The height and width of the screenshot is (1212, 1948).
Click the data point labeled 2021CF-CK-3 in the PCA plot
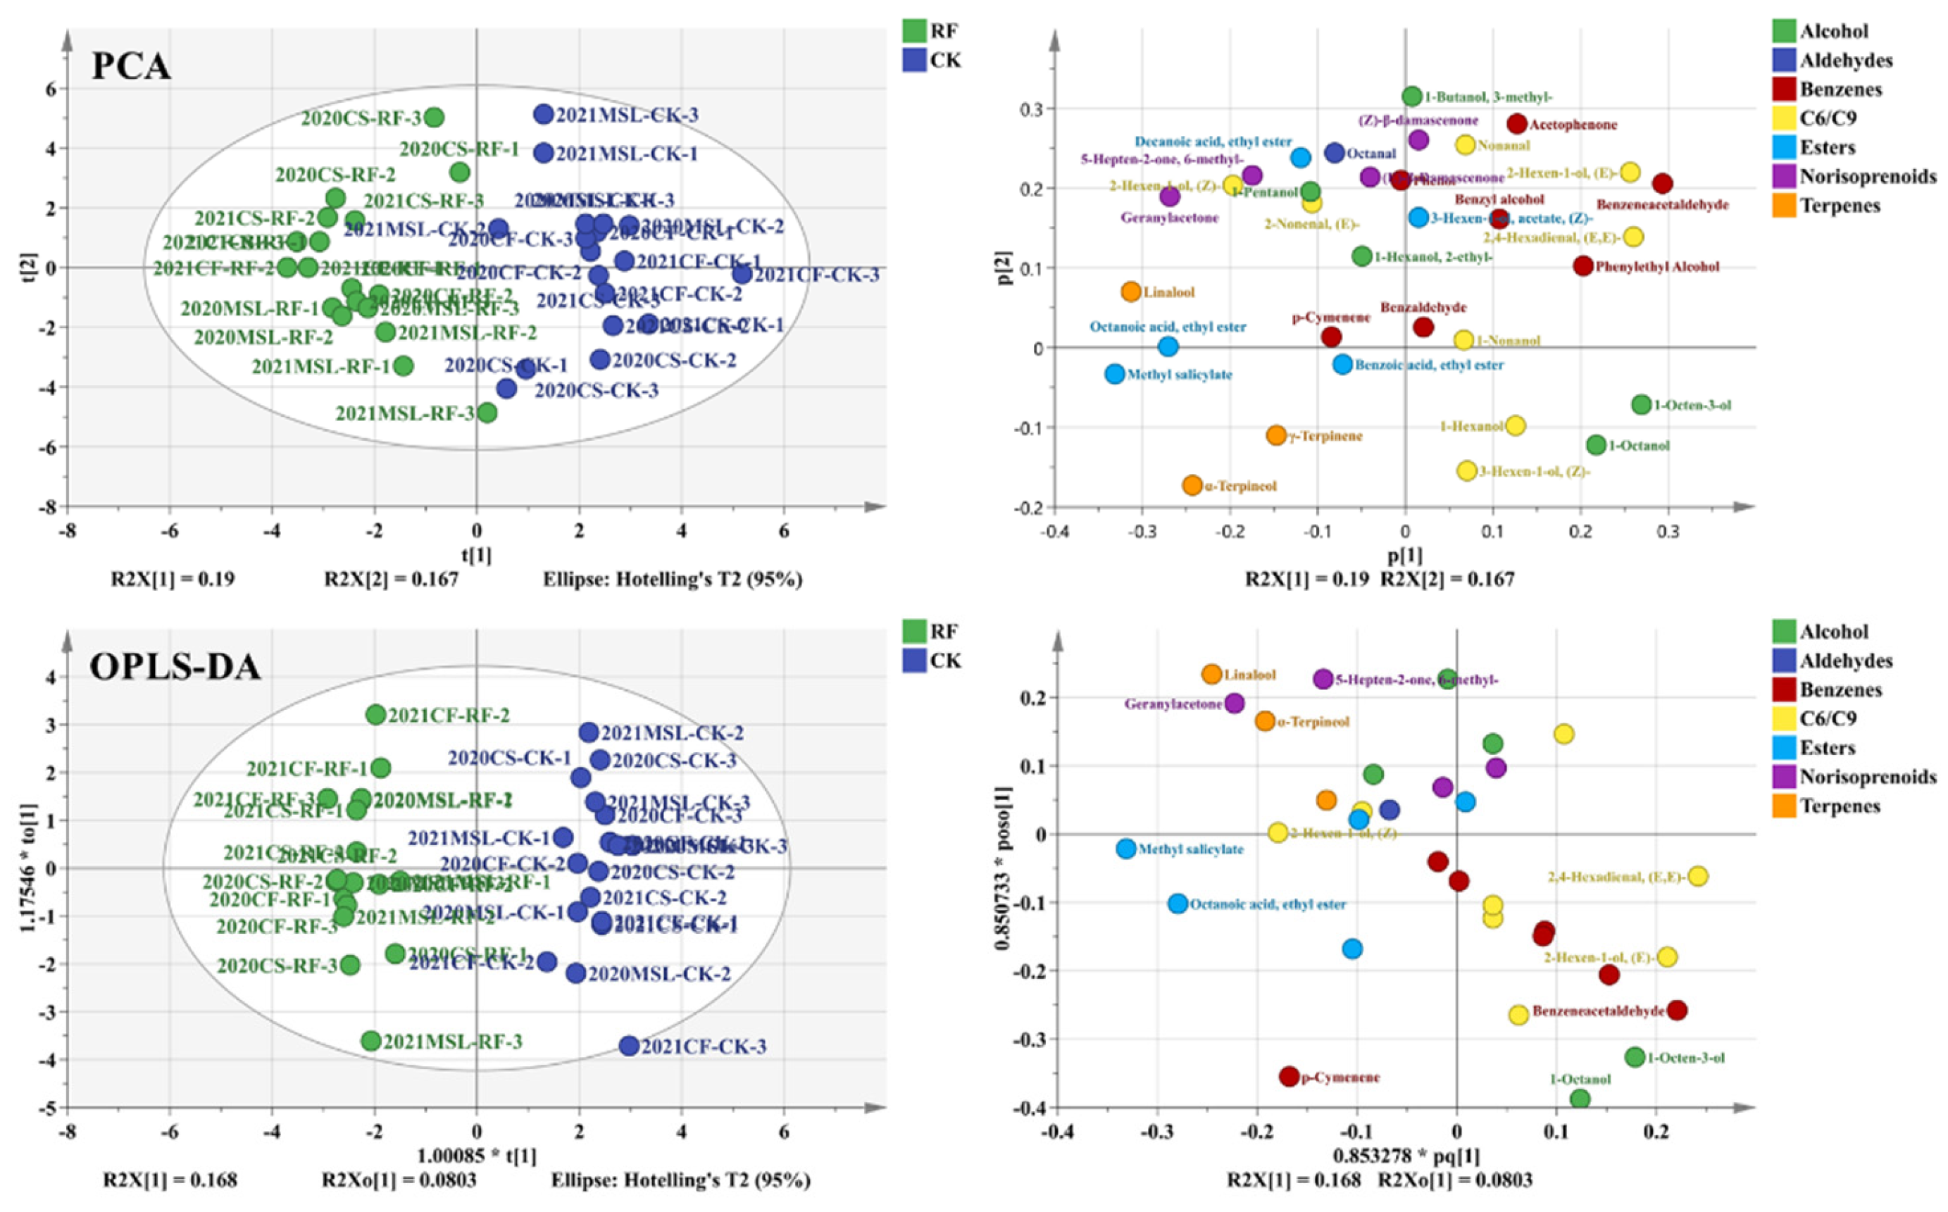pos(742,274)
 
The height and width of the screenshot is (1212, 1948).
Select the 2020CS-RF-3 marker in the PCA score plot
pos(434,118)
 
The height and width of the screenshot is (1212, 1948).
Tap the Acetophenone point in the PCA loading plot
pos(1516,123)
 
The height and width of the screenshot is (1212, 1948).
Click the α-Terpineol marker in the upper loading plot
pos(1192,485)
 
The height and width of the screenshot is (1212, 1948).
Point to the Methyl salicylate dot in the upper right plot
pos(1114,373)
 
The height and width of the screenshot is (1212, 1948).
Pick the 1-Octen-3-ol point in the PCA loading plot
pos(1641,404)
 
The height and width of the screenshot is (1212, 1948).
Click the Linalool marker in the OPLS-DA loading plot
pos(1211,674)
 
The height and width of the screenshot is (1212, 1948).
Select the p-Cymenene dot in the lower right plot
pos(1289,1077)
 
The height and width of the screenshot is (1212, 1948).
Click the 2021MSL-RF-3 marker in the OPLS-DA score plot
pos(370,1040)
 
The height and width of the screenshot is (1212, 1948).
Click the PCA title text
pos(132,65)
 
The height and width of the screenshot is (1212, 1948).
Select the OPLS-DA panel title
pos(175,666)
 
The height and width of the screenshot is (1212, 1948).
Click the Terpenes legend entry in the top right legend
pos(1840,205)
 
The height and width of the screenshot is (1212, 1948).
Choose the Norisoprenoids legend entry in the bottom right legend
pos(1867,776)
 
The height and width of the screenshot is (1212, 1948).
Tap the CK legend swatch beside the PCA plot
pos(914,60)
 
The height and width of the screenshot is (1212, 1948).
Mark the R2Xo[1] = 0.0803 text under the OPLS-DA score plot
pos(399,1180)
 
